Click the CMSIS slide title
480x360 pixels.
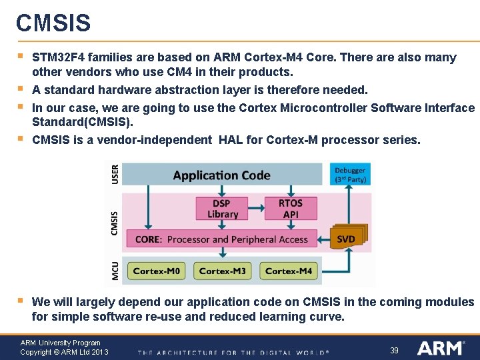pyautogui.click(x=53, y=23)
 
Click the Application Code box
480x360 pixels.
pyautogui.click(x=221, y=175)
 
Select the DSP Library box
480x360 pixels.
pyautogui.click(x=222, y=209)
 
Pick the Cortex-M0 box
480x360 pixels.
pyautogui.click(x=156, y=271)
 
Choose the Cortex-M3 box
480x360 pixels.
pyautogui.click(x=222, y=271)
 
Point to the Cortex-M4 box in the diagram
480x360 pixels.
pyautogui.click(x=288, y=271)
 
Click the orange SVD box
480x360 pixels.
pyautogui.click(x=346, y=239)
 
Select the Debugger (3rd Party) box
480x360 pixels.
pyautogui.click(x=350, y=175)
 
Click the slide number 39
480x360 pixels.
pyautogui.click(x=394, y=350)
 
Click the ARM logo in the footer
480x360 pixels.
pyautogui.click(x=440, y=348)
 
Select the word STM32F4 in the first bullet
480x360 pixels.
pyautogui.click(x=58, y=57)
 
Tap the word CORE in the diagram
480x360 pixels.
pyautogui.click(x=147, y=239)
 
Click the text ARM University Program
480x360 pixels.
pyautogui.click(x=60, y=343)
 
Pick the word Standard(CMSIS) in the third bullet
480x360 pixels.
pyautogui.click(x=83, y=122)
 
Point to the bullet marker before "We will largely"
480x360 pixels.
pyautogui.click(x=21, y=301)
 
